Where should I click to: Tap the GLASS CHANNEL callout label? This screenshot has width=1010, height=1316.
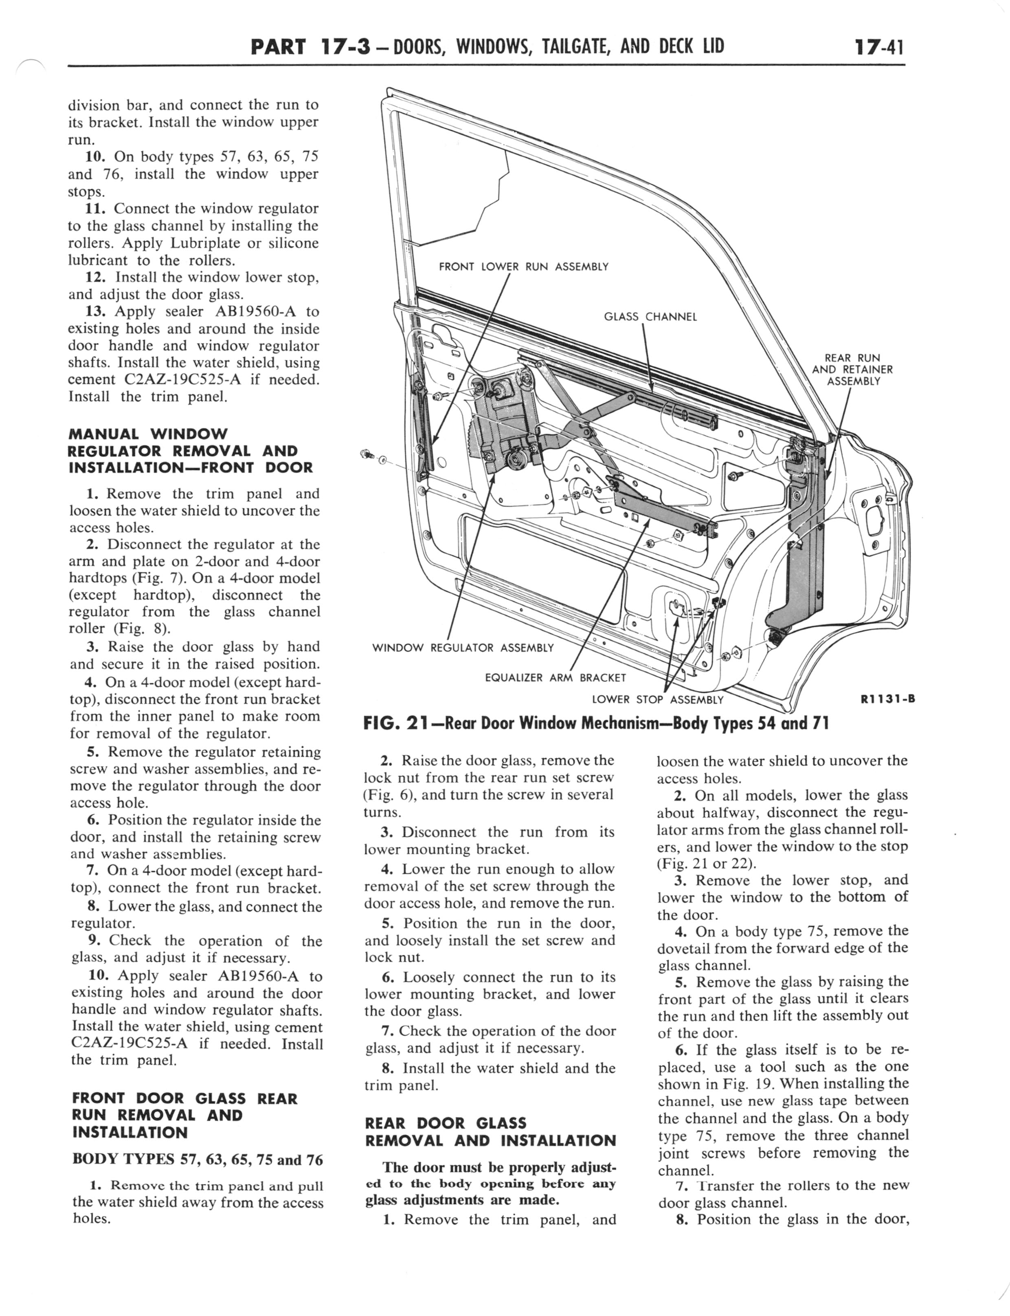pos(650,316)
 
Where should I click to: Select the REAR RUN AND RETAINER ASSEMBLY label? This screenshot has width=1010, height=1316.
pos(852,369)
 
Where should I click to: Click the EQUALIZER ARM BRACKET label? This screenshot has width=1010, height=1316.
pos(555,677)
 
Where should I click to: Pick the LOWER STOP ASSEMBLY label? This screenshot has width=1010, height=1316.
pos(658,699)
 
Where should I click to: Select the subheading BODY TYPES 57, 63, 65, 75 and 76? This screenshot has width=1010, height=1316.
pos(197,1159)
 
